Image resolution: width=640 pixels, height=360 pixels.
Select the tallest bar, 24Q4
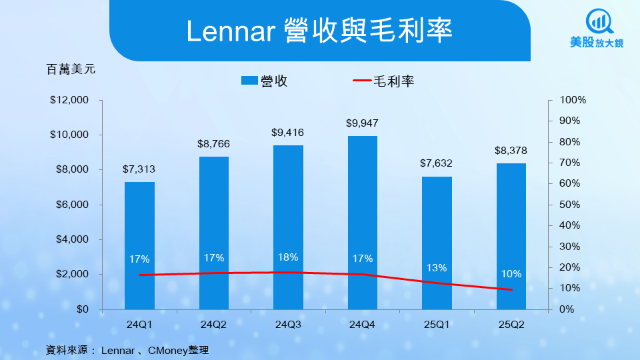[x=363, y=223]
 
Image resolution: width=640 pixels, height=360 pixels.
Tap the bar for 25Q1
[x=437, y=243]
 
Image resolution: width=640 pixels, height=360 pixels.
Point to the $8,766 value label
[x=213, y=143]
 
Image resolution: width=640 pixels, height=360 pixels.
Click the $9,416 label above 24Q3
[x=288, y=132]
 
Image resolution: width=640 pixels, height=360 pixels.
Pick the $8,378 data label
[x=511, y=150]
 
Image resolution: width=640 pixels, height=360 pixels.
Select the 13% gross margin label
[x=437, y=268]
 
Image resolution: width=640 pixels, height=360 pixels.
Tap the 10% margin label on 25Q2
[x=511, y=274]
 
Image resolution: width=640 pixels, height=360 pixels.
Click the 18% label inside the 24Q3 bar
[x=288, y=257]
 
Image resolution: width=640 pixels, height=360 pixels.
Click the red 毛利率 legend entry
[x=384, y=81]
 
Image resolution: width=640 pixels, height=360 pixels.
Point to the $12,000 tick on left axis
[x=69, y=100]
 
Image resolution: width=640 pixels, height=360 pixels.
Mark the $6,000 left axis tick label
[x=72, y=205]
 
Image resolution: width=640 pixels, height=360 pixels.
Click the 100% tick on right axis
[x=572, y=100]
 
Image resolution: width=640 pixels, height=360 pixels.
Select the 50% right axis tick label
[x=570, y=205]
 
